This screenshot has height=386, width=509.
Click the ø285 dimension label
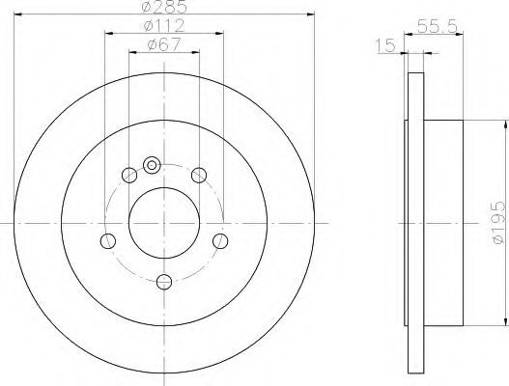click(x=164, y=7)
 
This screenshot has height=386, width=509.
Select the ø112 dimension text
click(x=164, y=26)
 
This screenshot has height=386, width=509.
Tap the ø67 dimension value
click(x=163, y=44)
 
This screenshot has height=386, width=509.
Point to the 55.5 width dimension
click(x=438, y=27)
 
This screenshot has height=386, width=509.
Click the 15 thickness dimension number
click(x=385, y=45)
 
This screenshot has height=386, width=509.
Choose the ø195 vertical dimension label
click(x=498, y=223)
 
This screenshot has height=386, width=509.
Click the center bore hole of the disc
click(x=164, y=223)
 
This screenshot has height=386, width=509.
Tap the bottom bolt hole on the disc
click(x=164, y=282)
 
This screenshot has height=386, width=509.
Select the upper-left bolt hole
click(x=129, y=176)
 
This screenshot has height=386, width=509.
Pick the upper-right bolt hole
click(x=199, y=176)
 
